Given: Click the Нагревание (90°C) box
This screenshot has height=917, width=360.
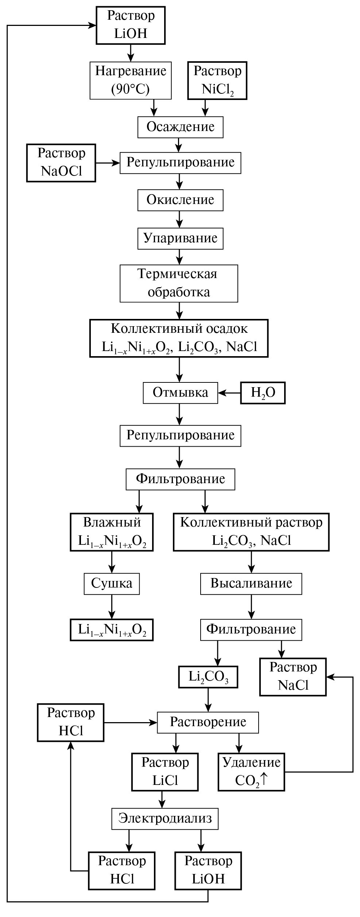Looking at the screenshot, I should (131, 80).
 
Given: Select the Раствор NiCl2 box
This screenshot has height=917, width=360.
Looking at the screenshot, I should (217, 80).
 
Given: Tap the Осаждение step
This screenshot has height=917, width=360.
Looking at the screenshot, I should (180, 127).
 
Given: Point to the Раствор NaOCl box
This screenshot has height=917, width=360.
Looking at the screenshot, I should (61, 162).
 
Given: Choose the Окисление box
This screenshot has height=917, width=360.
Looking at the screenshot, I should (180, 200).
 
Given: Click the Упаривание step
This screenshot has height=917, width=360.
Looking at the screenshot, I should (180, 238).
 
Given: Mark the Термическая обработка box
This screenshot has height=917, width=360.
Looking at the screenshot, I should (179, 283).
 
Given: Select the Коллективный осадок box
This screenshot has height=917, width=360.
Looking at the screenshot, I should (179, 338).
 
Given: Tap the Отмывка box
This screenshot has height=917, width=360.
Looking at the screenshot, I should (180, 393).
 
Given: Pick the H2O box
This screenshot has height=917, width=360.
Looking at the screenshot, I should (263, 393).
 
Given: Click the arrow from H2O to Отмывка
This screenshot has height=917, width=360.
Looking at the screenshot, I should (229, 393).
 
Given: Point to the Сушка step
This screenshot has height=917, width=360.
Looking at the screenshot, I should (112, 583).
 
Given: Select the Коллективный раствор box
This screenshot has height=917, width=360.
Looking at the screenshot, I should (251, 532).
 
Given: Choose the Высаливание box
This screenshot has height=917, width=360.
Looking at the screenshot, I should (251, 583).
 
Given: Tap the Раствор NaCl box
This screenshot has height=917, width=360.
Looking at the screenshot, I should (293, 677).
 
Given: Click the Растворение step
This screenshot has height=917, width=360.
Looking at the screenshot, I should (208, 722).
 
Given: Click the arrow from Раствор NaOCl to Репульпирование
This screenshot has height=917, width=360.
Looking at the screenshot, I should (108, 162).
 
